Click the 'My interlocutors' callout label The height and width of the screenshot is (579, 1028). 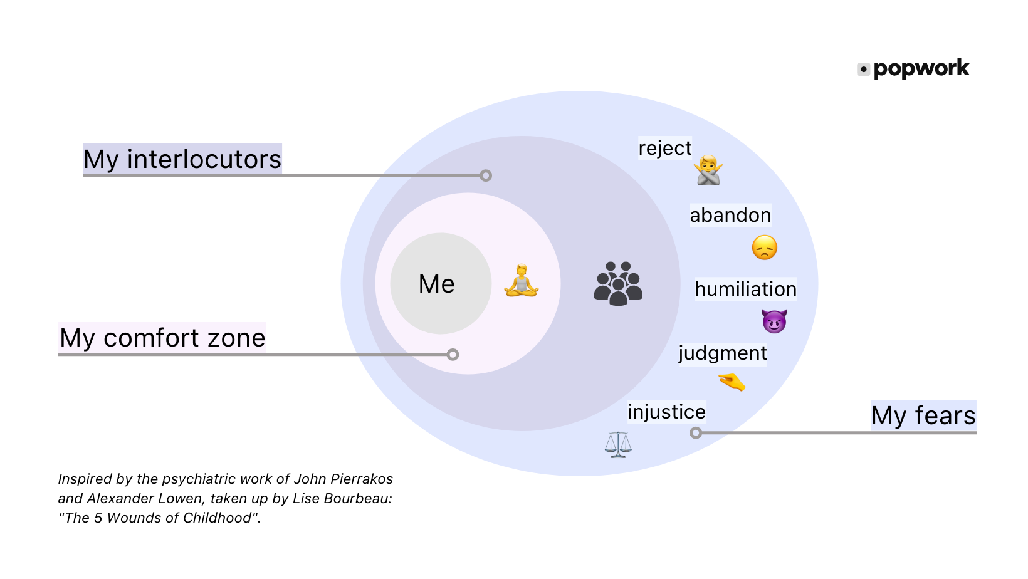182,159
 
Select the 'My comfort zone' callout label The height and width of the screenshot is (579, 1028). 162,338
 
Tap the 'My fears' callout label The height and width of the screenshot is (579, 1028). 923,415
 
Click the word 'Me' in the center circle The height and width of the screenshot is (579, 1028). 437,284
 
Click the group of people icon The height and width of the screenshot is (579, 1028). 618,283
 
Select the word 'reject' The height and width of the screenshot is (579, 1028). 665,148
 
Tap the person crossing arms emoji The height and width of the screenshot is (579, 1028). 708,170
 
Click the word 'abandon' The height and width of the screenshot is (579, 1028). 730,215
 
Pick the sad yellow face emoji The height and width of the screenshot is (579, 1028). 764,248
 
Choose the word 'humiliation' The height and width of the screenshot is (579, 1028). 745,289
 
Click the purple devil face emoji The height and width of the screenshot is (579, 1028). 774,321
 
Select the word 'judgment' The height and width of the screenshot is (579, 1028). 722,353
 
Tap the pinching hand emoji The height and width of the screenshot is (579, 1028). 732,381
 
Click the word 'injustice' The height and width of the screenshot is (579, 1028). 667,412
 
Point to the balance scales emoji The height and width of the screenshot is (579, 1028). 618,444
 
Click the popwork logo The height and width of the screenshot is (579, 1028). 913,68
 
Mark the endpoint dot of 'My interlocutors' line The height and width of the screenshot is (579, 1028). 486,175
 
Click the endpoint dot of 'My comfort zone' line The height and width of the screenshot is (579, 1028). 453,355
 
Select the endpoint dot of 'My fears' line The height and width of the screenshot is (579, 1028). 695,432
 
